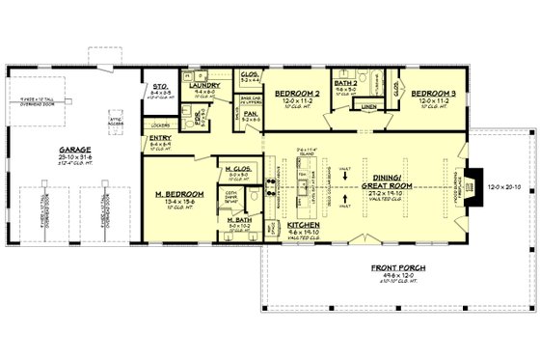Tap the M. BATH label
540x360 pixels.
coord(239,220)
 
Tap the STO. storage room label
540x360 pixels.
coord(162,87)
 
